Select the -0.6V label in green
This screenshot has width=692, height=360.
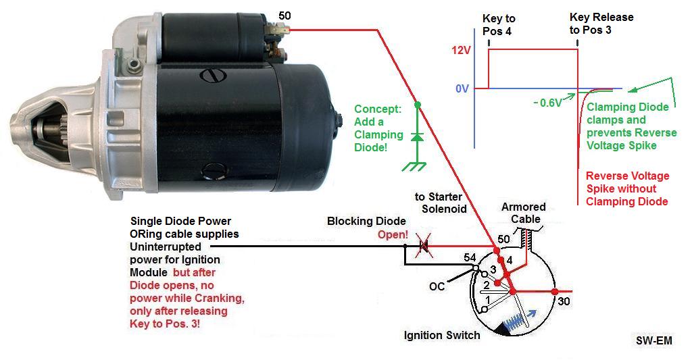coord(547,103)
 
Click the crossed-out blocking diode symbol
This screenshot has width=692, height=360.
coord(424,247)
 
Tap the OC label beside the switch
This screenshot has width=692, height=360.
coord(437,286)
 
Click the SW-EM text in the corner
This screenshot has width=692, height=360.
coord(653,341)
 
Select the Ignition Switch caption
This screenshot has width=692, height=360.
coord(442,335)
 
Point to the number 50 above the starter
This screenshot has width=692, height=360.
coord(285,15)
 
